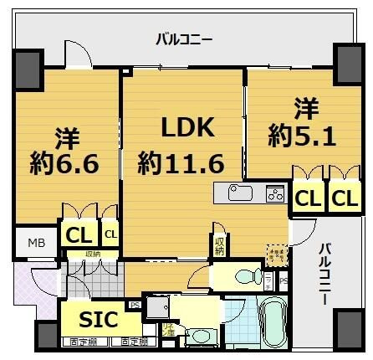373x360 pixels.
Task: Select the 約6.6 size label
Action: tap(65, 162)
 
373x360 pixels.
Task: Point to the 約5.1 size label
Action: tap(302, 134)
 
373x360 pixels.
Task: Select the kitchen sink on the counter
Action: tap(241, 193)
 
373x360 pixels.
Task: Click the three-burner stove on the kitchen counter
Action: tap(274, 193)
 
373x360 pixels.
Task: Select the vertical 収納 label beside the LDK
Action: tap(219, 244)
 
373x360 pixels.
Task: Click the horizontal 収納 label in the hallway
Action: tap(91, 254)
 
